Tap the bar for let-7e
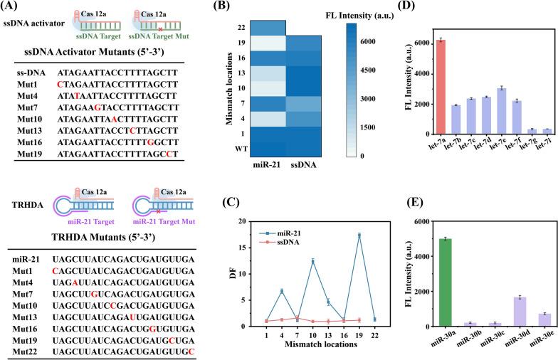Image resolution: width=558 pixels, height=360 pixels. click(501, 111)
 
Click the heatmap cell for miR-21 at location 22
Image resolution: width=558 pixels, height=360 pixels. click(261, 27)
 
